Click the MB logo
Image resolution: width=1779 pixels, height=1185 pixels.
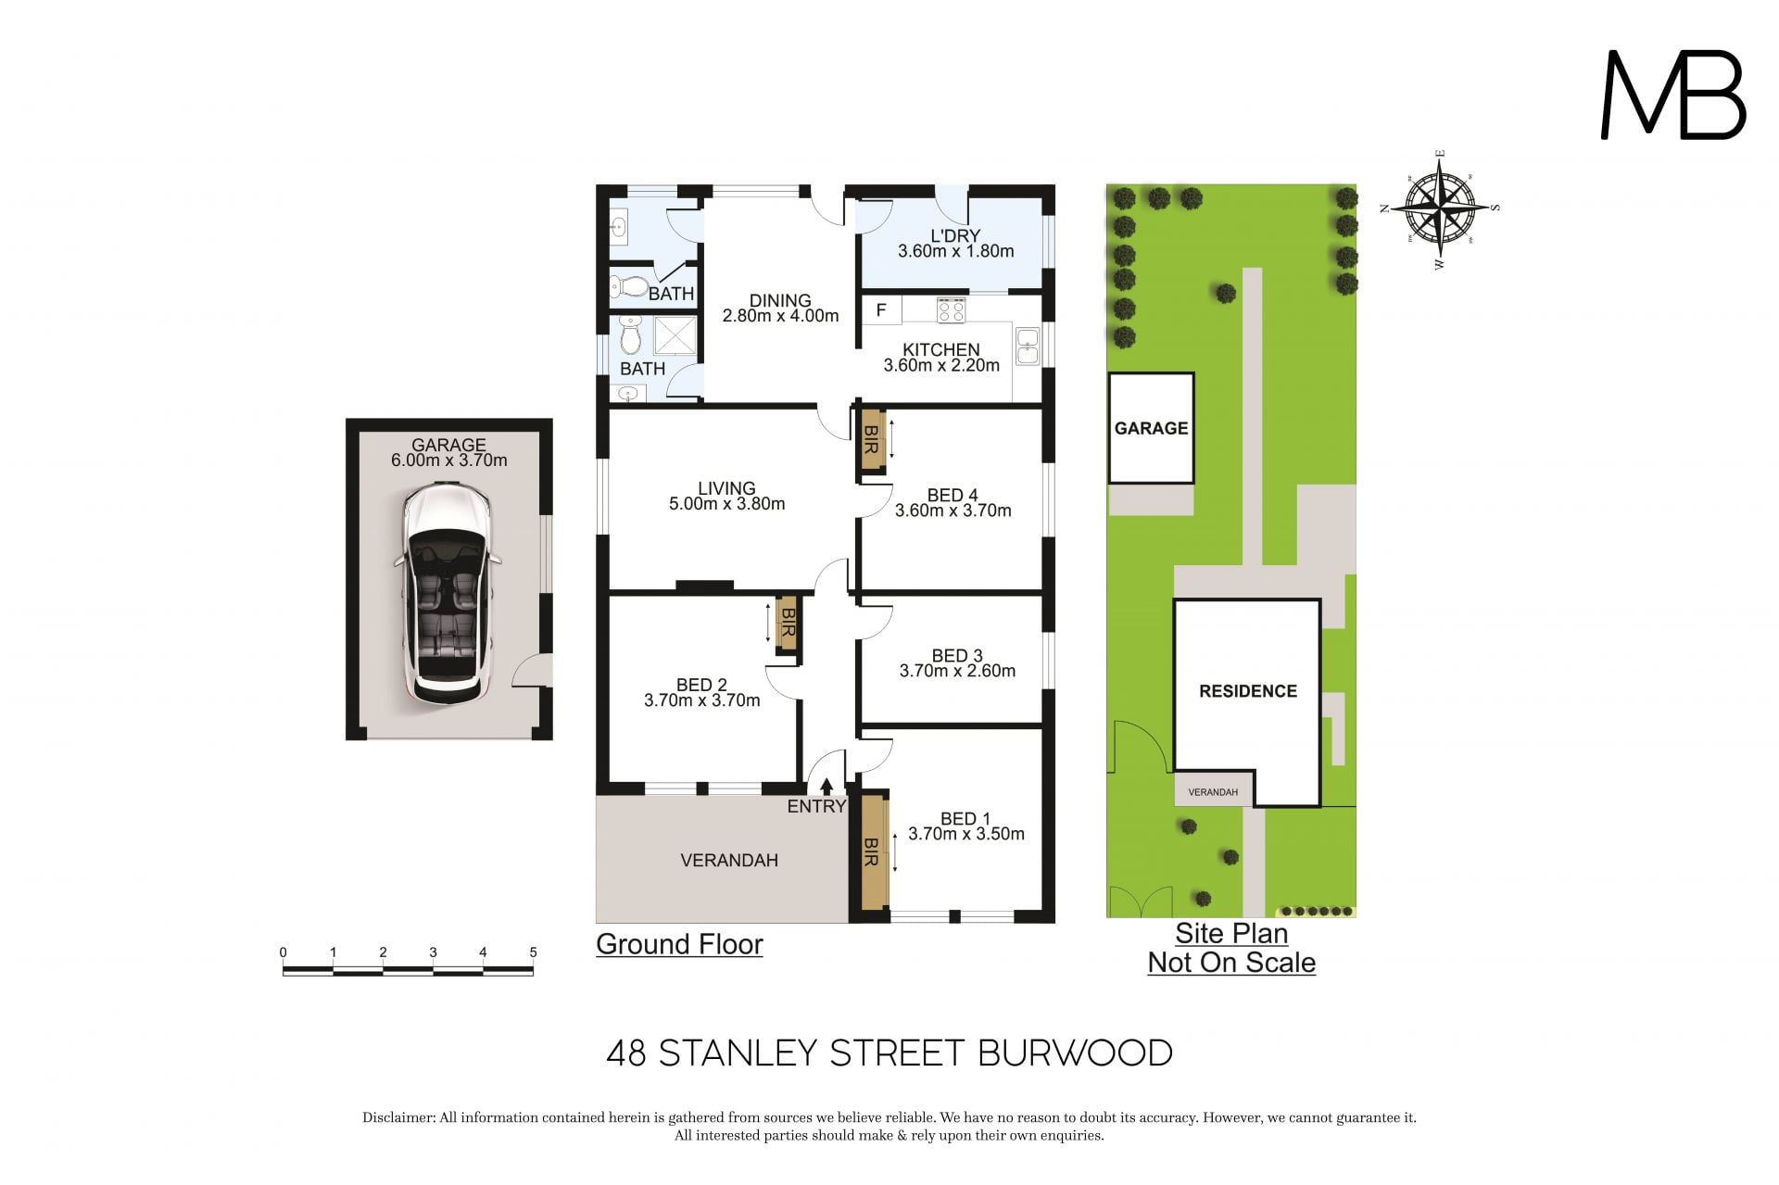pyautogui.click(x=1673, y=95)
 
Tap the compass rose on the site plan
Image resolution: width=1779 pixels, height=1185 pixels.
pyautogui.click(x=1440, y=208)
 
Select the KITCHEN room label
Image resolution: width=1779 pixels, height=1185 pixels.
pyautogui.click(x=941, y=349)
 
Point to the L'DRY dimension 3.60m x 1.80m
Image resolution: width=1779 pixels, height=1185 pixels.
pyautogui.click(x=956, y=251)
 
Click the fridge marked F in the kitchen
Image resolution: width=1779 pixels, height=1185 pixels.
pyautogui.click(x=881, y=310)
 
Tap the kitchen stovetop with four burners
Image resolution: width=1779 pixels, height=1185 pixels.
pyautogui.click(x=951, y=309)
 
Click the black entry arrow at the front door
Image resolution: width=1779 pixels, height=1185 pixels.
pyautogui.click(x=826, y=787)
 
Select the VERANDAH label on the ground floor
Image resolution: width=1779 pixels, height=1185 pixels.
pyautogui.click(x=729, y=861)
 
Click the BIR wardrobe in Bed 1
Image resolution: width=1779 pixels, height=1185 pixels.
pyautogui.click(x=871, y=851)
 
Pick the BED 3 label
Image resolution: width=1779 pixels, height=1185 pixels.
pyautogui.click(x=957, y=656)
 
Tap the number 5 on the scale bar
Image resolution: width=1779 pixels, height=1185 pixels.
pyautogui.click(x=533, y=952)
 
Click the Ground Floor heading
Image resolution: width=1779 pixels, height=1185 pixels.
pyautogui.click(x=679, y=944)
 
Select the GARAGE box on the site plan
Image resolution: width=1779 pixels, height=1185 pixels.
pyautogui.click(x=1151, y=428)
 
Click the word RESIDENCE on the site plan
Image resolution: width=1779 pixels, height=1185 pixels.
pyautogui.click(x=1248, y=691)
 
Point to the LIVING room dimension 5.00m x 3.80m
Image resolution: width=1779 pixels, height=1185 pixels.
pyautogui.click(x=727, y=504)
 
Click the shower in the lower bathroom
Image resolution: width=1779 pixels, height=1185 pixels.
pyautogui.click(x=675, y=335)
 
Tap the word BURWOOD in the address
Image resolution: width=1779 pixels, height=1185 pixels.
pyautogui.click(x=1076, y=1053)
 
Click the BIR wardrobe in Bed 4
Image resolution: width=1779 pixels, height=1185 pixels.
pyautogui.click(x=871, y=441)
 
